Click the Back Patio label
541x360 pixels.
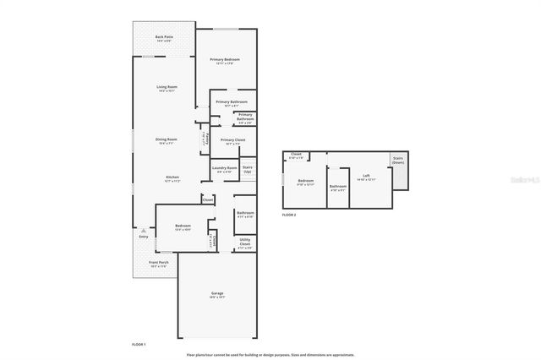click(x=164, y=36)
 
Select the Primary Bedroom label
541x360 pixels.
click(x=225, y=59)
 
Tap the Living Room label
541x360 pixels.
click(x=167, y=87)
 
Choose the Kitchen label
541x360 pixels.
click(x=172, y=177)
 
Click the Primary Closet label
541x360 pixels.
click(x=232, y=139)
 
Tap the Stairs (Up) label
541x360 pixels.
click(x=248, y=169)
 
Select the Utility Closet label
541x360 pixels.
click(x=243, y=243)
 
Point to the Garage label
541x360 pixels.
click(x=217, y=293)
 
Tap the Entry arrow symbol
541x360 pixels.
click(x=143, y=230)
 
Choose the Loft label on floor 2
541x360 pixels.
click(x=366, y=177)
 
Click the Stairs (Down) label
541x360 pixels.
click(x=396, y=161)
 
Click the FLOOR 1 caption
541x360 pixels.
click(x=139, y=344)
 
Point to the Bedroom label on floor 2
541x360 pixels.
click(x=305, y=181)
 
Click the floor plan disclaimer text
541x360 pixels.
click(x=270, y=354)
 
